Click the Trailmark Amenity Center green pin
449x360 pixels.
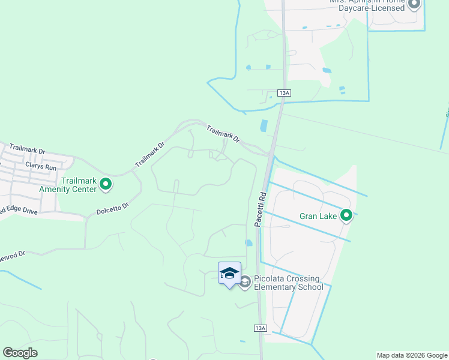point(106,184)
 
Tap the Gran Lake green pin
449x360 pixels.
point(346,215)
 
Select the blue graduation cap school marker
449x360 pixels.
point(229,274)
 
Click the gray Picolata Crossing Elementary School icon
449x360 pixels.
point(245,281)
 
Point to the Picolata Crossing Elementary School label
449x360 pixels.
point(289,283)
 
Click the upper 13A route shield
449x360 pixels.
point(285,93)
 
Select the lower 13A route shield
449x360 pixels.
point(260,328)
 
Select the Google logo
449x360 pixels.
point(20,353)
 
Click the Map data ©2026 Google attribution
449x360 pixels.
point(411,355)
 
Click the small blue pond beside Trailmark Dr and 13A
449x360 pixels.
point(264,126)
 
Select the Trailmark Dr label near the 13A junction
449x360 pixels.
point(223,133)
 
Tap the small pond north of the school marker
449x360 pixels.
point(249,243)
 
